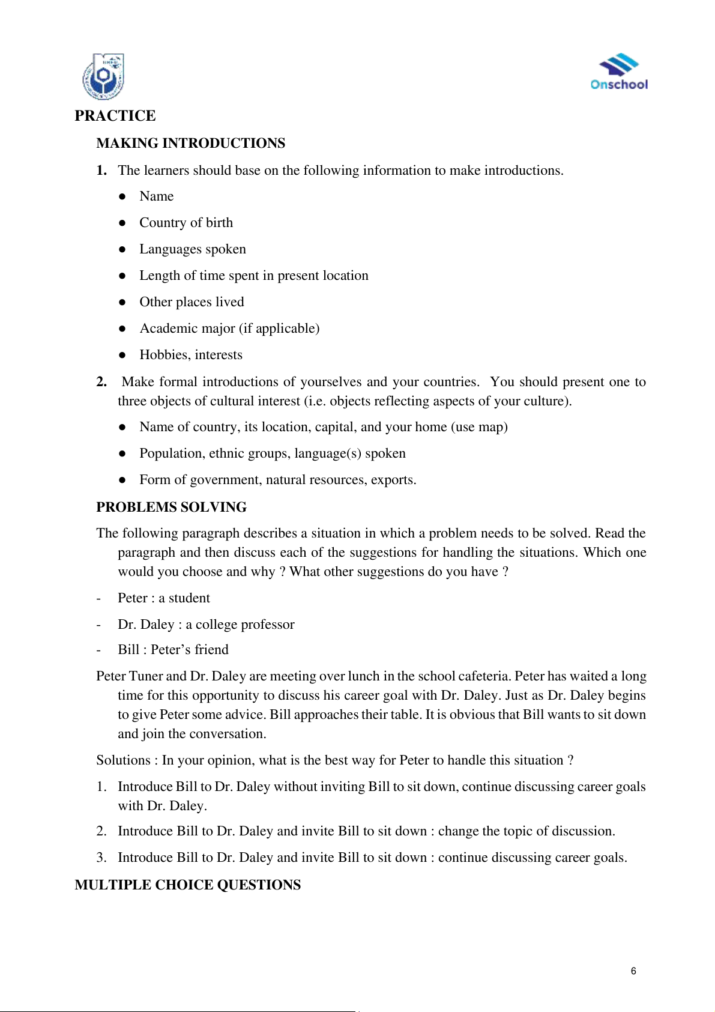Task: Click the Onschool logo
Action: click(x=619, y=73)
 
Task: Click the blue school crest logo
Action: click(x=103, y=77)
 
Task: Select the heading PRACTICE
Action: click(x=115, y=115)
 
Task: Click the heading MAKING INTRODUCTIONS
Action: click(x=191, y=143)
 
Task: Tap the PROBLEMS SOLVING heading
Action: click(x=171, y=507)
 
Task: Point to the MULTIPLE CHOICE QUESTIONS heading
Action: click(x=188, y=885)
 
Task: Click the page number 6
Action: click(x=633, y=971)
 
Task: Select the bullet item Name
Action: click(x=157, y=196)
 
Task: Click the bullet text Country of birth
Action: click(x=186, y=223)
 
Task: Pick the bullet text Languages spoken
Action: click(x=193, y=249)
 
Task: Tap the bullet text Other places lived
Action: click(x=192, y=302)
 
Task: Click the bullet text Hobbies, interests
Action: click(x=191, y=355)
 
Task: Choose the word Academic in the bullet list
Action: click(x=166, y=329)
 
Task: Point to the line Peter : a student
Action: click(x=164, y=598)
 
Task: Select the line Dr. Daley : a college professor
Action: click(x=206, y=625)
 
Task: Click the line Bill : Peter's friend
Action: click(x=173, y=650)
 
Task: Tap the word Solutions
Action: click(x=123, y=760)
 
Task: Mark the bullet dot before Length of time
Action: click(x=122, y=276)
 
